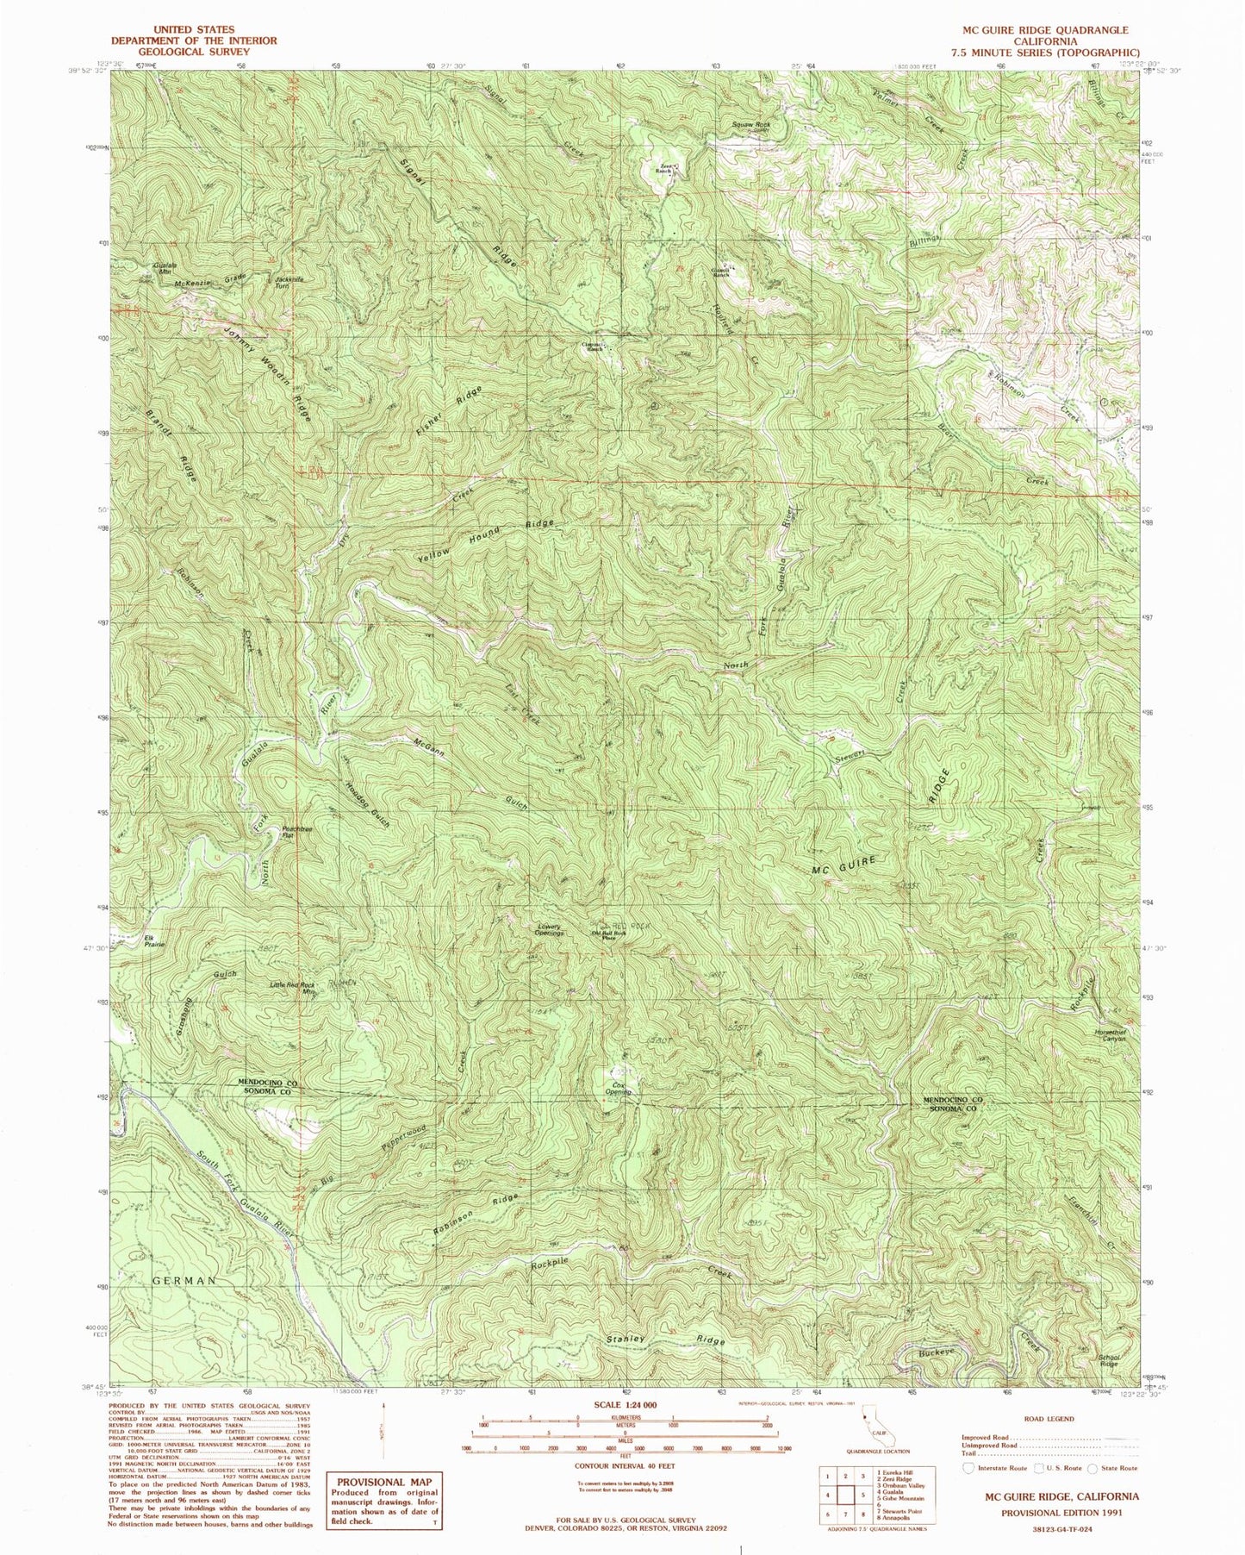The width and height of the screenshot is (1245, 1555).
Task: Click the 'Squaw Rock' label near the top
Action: pyautogui.click(x=750, y=124)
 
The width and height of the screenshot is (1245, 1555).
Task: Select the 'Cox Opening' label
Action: pyautogui.click(x=619, y=1089)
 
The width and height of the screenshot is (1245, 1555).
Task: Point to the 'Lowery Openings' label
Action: pyautogui.click(x=549, y=930)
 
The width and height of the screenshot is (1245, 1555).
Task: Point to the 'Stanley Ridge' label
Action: pyautogui.click(x=664, y=1340)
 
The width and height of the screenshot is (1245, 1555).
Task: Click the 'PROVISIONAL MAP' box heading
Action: pyautogui.click(x=384, y=1482)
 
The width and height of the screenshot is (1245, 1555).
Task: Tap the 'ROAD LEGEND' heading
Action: pyautogui.click(x=1049, y=1418)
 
